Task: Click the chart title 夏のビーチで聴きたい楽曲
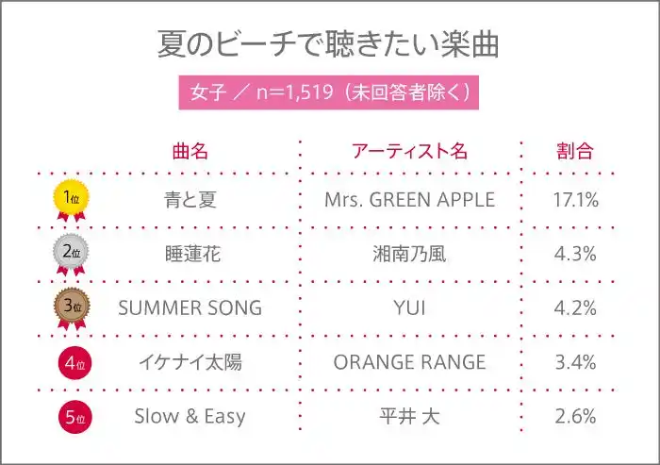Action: click(328, 43)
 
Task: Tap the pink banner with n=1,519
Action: click(329, 92)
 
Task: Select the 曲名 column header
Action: click(190, 151)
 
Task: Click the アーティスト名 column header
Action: click(409, 151)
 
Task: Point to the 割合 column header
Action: click(575, 151)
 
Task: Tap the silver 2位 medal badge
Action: click(71, 255)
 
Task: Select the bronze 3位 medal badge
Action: click(71, 308)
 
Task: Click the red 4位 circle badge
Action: click(74, 362)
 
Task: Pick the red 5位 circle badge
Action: click(74, 417)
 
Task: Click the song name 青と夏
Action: click(190, 200)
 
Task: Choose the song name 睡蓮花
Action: click(192, 254)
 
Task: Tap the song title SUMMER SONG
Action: click(190, 307)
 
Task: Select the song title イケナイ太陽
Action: click(190, 362)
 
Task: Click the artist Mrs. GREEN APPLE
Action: click(409, 200)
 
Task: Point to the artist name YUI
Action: click(409, 307)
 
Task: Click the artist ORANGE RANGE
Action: click(409, 362)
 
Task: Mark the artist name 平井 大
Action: click(409, 416)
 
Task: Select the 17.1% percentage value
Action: click(575, 200)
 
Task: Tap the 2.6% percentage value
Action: click(575, 416)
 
